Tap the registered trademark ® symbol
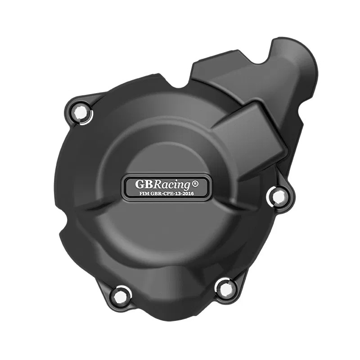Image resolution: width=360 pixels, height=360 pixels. (x=195, y=184)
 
